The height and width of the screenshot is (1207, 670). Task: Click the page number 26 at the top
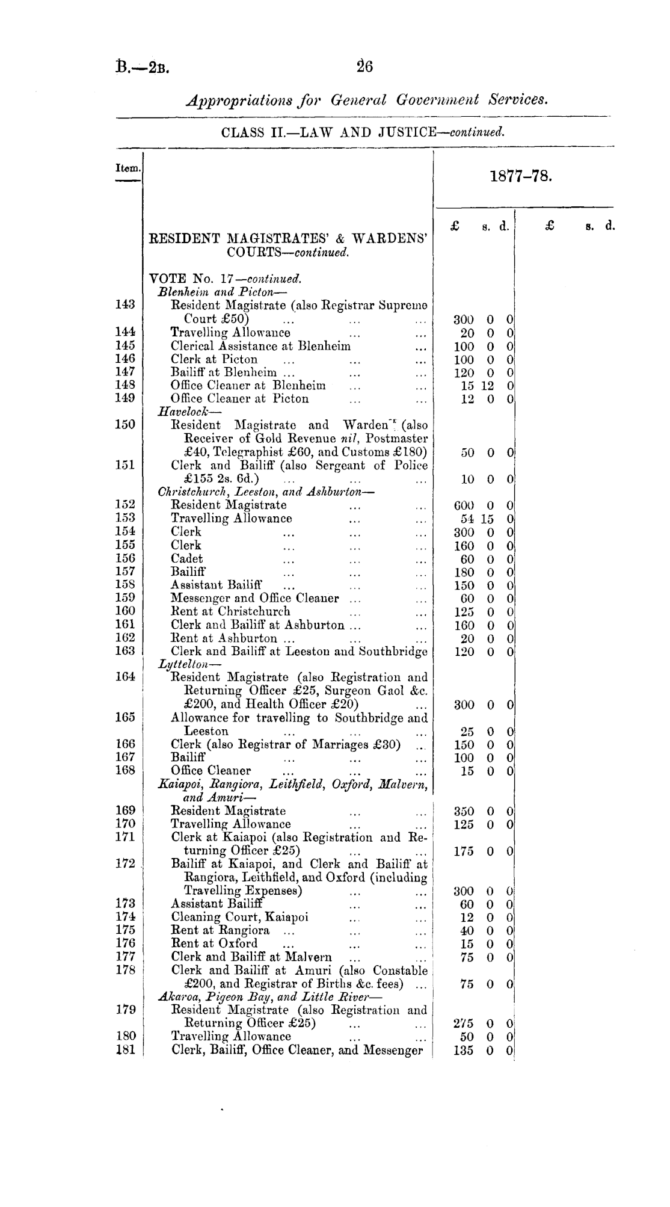click(x=364, y=66)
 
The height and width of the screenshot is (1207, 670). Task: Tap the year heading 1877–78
click(x=520, y=177)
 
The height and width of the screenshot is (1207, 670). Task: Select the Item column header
click(x=128, y=170)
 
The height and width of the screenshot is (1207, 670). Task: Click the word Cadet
click(x=187, y=558)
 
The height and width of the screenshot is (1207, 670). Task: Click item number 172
click(x=125, y=864)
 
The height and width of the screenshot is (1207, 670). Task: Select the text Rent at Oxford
click(x=215, y=943)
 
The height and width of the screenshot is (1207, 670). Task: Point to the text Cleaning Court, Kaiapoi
click(x=239, y=917)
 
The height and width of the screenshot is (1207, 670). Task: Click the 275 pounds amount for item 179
click(x=464, y=1023)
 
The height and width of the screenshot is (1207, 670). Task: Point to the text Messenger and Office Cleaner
click(x=255, y=599)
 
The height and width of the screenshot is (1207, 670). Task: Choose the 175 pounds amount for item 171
click(x=464, y=851)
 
